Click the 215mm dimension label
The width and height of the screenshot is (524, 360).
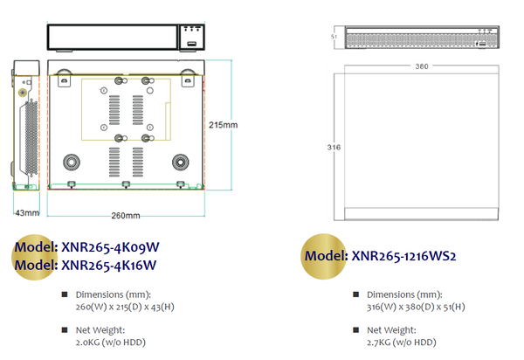point(223,125)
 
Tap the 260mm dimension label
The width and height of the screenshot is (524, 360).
point(125,216)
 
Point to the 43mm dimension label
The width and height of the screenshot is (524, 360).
point(27,213)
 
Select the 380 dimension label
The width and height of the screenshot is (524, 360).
point(422,66)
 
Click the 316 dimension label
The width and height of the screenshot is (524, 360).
point(334,147)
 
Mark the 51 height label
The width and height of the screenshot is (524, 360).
point(334,37)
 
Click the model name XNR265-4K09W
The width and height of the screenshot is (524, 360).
point(110,247)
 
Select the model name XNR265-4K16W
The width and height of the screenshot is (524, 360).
point(109,266)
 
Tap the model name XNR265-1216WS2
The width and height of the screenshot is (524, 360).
point(403,256)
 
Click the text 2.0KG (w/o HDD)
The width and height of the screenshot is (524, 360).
point(111,343)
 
